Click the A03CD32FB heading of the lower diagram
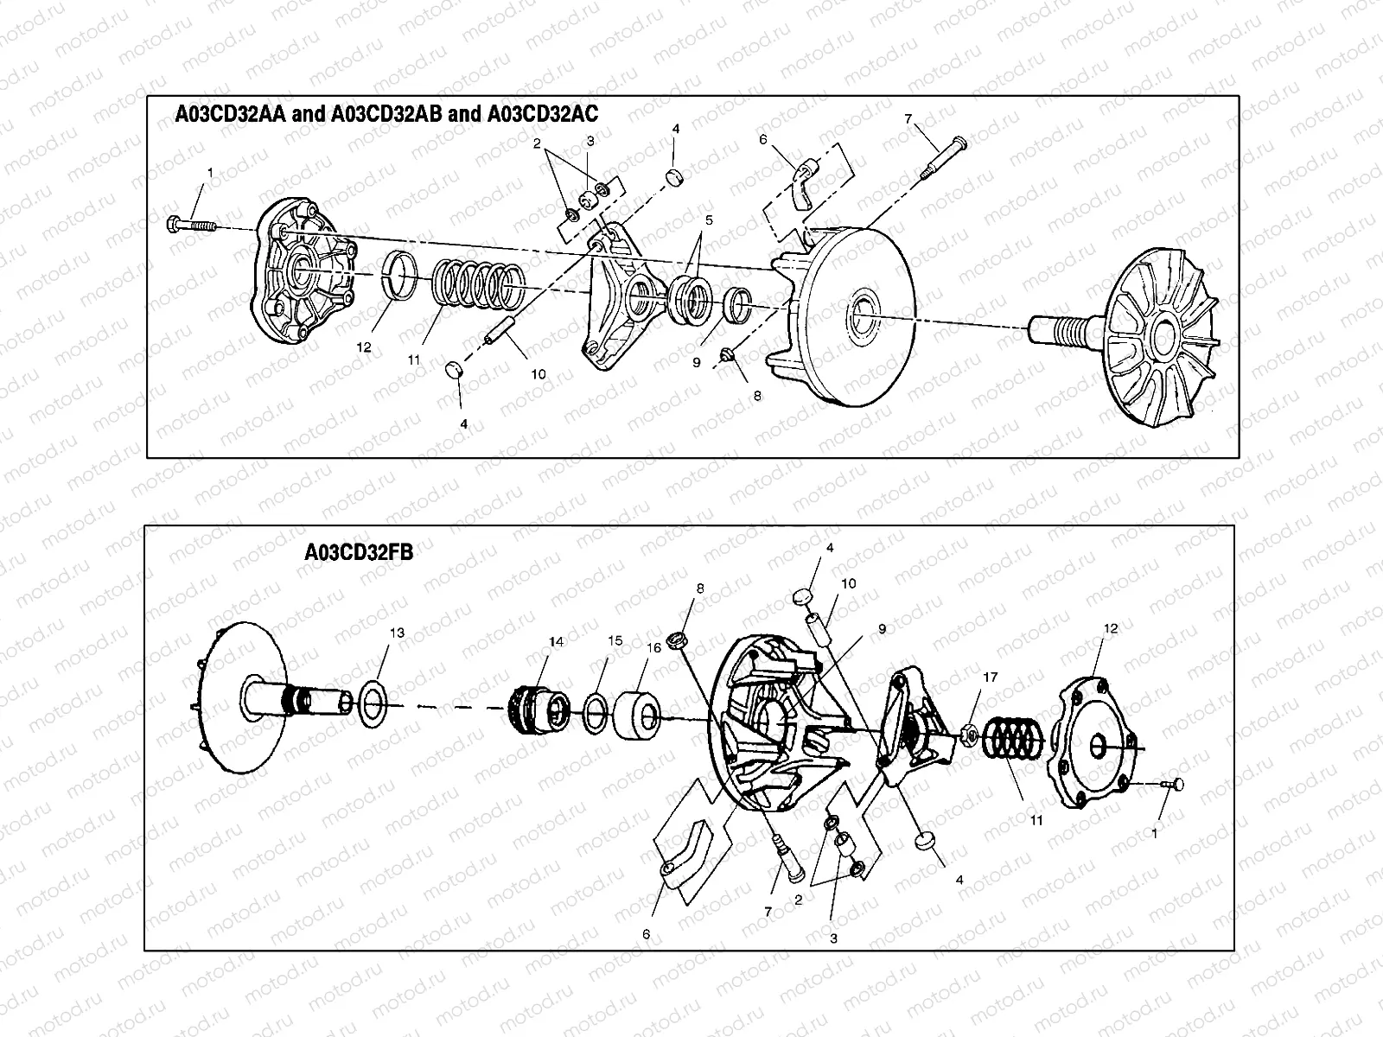359,552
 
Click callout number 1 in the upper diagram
208,173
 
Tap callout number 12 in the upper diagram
364,347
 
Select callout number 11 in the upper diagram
414,358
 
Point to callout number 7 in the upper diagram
908,118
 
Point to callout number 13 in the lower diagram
396,633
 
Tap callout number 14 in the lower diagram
556,642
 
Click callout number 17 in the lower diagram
991,678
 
